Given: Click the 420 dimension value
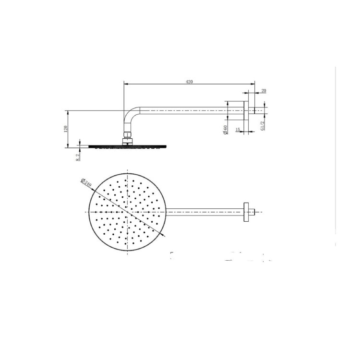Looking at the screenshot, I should click(x=189, y=82).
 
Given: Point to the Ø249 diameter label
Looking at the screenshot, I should click(x=87, y=183).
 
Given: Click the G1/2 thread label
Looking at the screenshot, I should click(x=262, y=125).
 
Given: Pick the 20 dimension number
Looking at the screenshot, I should click(x=264, y=91).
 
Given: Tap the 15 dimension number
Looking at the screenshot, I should click(x=238, y=130).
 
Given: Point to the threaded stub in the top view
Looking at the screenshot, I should click(x=255, y=211).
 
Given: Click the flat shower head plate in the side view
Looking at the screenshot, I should click(x=127, y=146).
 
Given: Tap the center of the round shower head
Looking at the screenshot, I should click(x=127, y=212).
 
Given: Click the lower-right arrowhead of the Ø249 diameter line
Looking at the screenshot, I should click(x=165, y=236).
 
